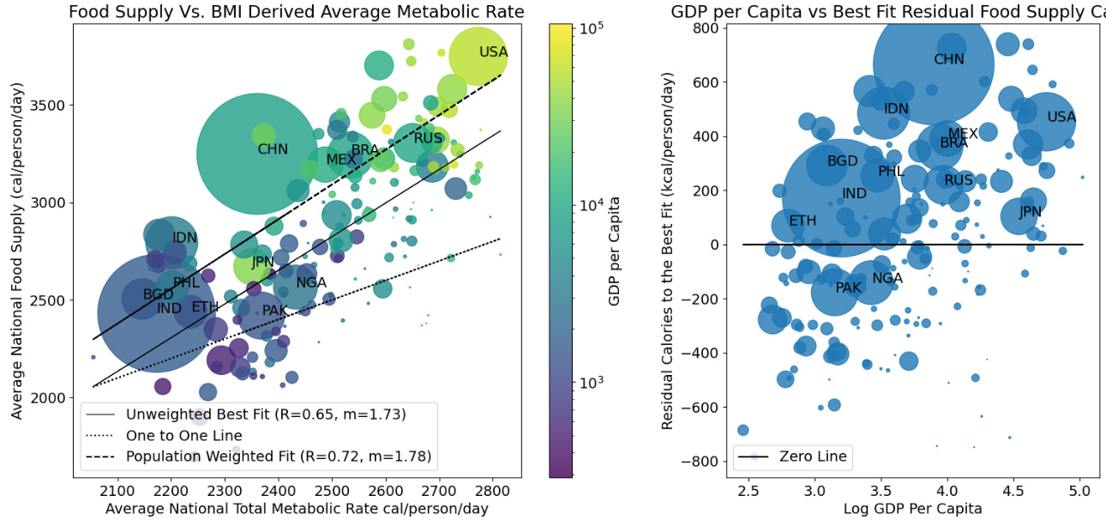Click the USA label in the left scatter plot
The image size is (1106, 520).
point(494,52)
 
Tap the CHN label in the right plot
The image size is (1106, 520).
point(949,60)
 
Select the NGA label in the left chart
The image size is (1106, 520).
point(311,282)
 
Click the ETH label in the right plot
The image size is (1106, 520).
point(802,221)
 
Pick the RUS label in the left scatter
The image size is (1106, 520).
point(428,138)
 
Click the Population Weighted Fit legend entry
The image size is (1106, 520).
point(278,457)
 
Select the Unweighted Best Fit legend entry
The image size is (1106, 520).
point(265,415)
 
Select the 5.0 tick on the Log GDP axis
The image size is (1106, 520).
point(1079,490)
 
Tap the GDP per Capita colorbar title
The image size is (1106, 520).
point(615,251)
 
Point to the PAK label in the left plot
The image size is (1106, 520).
point(275,311)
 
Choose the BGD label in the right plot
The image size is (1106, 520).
point(842,161)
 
